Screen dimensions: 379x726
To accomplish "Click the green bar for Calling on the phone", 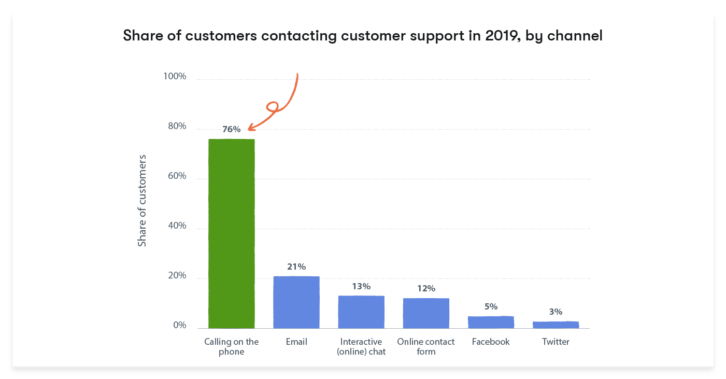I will point(231,233).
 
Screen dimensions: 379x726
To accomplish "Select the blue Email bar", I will point(296,302).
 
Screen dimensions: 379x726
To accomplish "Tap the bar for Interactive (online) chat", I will point(361,312).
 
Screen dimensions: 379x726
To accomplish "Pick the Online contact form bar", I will point(426,313).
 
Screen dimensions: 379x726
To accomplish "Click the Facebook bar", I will point(491,322).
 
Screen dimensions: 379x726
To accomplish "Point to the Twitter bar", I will point(556,325).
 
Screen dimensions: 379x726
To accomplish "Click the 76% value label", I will point(231,130).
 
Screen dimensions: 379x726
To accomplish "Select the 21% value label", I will point(296,267).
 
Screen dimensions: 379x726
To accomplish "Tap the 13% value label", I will point(361,286).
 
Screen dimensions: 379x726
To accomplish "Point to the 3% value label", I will point(556,312).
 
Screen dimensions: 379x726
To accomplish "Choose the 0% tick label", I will point(179,326).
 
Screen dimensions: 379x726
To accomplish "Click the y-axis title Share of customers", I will point(142,200).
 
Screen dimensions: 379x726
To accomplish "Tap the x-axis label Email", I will point(296,342).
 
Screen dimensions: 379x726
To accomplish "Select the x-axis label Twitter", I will point(556,342).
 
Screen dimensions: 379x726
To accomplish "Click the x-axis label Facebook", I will point(491,342).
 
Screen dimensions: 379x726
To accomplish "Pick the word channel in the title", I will point(579,36).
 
